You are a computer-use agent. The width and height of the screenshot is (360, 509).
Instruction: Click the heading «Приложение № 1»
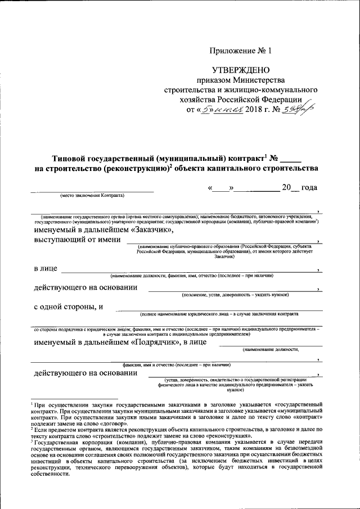tap(240, 51)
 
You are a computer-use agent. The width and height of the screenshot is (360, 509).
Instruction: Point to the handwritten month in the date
tap(229, 109)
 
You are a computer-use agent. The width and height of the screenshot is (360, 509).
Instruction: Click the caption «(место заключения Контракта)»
tap(93, 196)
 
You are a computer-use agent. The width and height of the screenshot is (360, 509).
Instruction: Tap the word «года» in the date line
tap(310, 187)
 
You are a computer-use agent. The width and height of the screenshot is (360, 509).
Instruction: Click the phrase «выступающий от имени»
tap(77, 240)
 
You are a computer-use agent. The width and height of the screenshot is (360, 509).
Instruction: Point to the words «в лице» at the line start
tap(46, 269)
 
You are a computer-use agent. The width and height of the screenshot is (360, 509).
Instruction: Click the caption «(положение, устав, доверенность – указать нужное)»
tap(235, 295)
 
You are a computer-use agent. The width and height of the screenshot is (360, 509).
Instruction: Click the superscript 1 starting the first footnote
tap(32, 403)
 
